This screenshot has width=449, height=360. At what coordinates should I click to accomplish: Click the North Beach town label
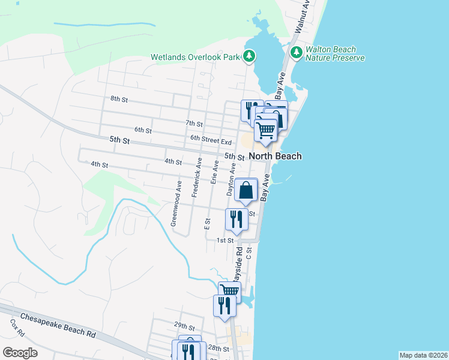click(x=275, y=156)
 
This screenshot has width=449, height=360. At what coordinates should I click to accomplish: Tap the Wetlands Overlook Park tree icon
click(x=249, y=58)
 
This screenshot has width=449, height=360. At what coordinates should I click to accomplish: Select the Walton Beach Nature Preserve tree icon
click(x=296, y=53)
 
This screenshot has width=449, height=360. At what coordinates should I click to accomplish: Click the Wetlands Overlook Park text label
click(x=195, y=58)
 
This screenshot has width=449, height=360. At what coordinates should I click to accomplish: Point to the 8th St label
click(x=120, y=98)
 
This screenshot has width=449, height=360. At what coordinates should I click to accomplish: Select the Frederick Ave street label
click(x=196, y=178)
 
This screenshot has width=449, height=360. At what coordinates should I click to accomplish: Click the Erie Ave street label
click(x=214, y=172)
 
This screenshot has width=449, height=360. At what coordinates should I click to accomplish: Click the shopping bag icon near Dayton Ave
click(x=246, y=191)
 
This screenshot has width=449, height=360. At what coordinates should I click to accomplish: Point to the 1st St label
click(x=224, y=241)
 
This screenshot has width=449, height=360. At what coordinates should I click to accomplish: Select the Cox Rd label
click(x=16, y=327)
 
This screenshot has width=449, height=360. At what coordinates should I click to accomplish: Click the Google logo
click(x=20, y=353)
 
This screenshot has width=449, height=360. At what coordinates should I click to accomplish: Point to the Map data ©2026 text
click(x=423, y=355)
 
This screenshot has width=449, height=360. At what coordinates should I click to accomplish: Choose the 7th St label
click(x=194, y=124)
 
